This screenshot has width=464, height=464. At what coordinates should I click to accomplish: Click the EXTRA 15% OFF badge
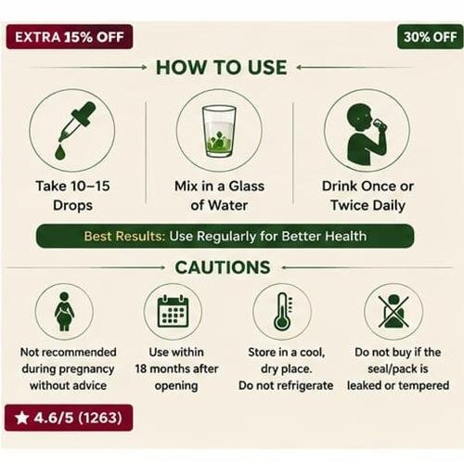[x=70, y=37]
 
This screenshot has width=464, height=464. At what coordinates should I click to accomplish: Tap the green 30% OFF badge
[x=431, y=37]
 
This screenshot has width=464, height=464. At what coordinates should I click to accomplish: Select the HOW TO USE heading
[x=221, y=68]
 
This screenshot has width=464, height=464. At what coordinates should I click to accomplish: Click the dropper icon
[x=77, y=122]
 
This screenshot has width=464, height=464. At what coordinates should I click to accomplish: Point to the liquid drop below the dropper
[x=60, y=152]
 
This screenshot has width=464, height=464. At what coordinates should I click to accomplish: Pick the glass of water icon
[x=219, y=131]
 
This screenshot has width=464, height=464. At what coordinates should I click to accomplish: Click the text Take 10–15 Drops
[x=72, y=196]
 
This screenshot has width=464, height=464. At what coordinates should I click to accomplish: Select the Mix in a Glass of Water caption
[x=219, y=196]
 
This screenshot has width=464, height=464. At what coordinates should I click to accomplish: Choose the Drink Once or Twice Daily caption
[x=367, y=196]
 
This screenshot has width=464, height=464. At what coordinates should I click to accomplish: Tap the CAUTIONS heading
[x=223, y=267]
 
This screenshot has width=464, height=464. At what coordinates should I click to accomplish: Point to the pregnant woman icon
[x=64, y=312]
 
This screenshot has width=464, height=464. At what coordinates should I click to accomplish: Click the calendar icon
[x=173, y=311]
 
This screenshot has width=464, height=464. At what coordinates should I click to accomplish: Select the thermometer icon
[x=282, y=311]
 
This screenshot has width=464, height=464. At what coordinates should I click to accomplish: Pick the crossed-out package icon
[x=393, y=311]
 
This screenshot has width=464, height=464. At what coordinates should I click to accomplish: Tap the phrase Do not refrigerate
[x=286, y=385]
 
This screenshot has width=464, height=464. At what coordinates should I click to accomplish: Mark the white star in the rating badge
[x=21, y=418]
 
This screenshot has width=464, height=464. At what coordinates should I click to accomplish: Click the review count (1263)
[x=100, y=418]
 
